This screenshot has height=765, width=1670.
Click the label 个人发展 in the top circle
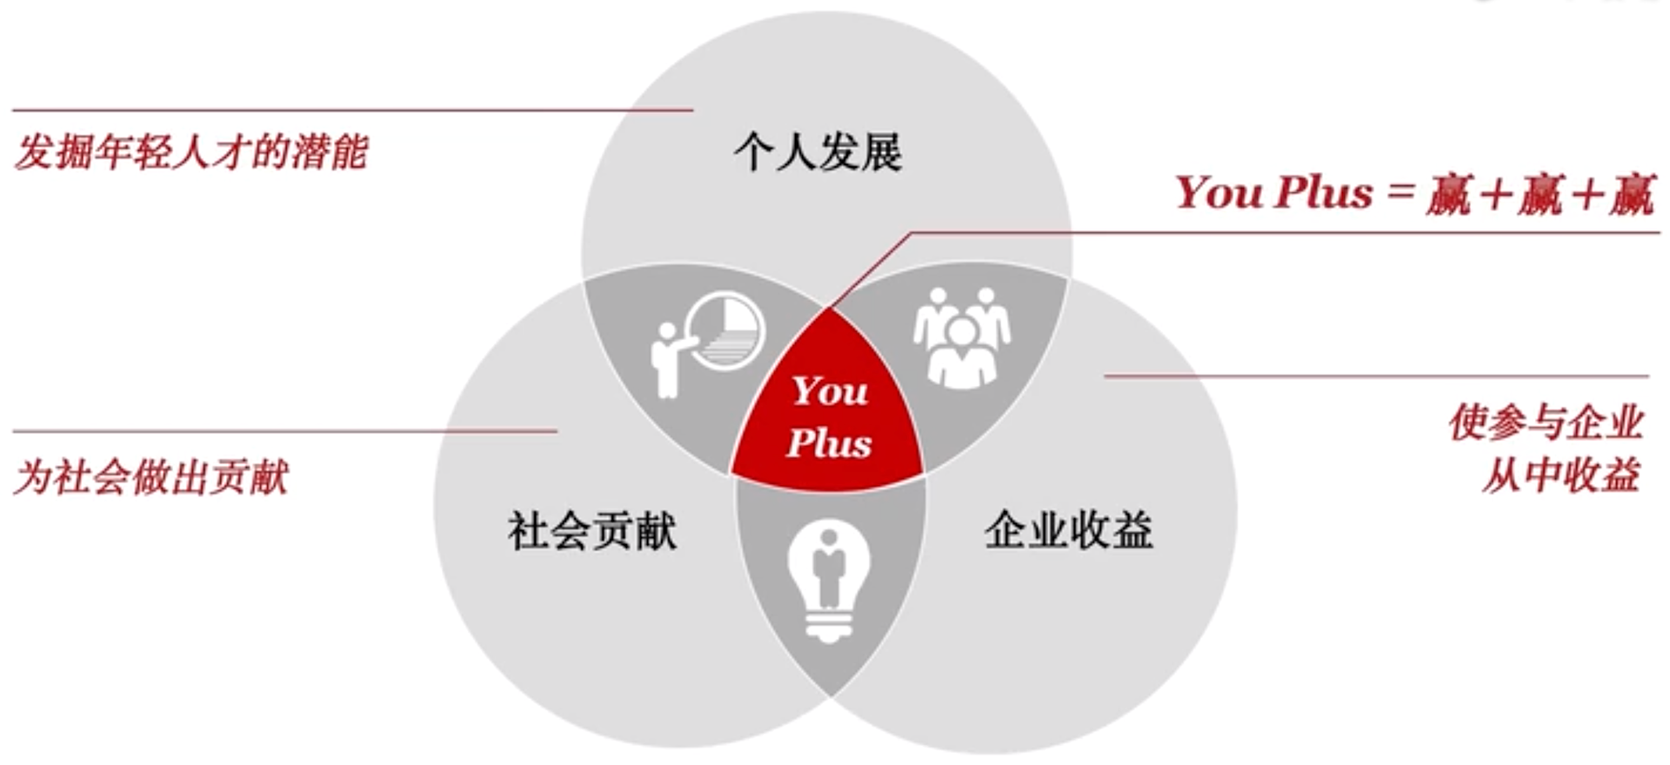pos(818,152)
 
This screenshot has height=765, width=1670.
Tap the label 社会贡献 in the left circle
pos(591,530)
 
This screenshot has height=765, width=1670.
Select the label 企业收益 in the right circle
pos(1068,529)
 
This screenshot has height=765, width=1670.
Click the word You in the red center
pos(830,391)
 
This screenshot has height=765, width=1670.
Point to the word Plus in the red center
pos(829,442)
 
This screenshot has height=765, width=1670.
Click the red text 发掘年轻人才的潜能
pos(191,152)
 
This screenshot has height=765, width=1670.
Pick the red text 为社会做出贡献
pos(150,477)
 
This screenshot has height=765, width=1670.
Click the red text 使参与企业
pos(1546,423)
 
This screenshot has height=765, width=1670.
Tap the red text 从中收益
pos(1560,475)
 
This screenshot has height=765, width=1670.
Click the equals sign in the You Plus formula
pos(1399,191)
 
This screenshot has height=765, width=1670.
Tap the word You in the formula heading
pos(1218,192)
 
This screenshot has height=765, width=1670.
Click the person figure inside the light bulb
pos(828,569)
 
